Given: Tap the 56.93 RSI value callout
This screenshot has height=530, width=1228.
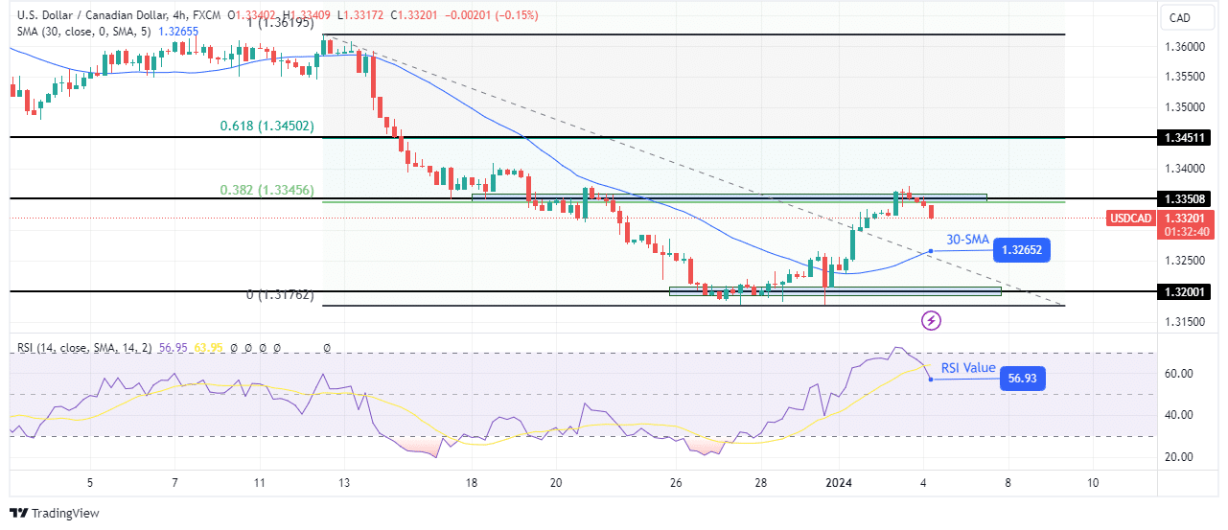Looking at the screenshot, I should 1021,380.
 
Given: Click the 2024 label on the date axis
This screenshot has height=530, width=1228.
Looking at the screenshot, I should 840,483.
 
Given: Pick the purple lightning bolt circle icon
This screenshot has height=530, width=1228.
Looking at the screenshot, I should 930,319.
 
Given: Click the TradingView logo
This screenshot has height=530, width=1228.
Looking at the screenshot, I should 55,513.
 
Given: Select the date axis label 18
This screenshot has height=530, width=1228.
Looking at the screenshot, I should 472,483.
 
